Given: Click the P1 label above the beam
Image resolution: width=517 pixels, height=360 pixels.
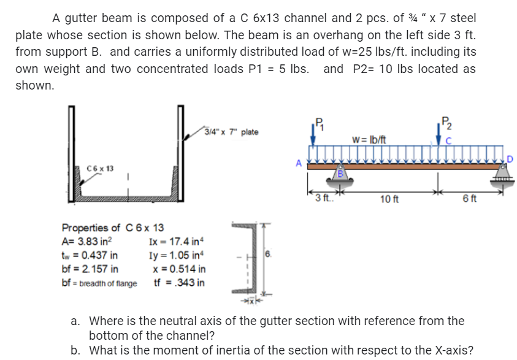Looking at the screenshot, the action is pos(318,121).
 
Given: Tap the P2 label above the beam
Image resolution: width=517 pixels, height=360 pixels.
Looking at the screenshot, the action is pos(446,121).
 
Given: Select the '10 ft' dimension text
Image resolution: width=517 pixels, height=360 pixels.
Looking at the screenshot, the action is pos(390,199).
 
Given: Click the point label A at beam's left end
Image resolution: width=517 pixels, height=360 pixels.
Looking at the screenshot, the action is pos(299,163).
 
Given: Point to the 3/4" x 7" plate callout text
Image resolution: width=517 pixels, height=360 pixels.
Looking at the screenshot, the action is pos(232,132).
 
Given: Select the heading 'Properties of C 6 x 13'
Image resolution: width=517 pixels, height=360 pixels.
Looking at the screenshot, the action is pos(113,228).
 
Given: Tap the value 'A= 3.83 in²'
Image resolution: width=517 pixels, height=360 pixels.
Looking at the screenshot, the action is pos(86,241).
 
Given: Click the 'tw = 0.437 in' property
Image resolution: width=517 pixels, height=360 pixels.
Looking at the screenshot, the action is pos(90,255).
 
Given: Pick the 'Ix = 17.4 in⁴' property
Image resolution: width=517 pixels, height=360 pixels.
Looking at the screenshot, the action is pos(175,242).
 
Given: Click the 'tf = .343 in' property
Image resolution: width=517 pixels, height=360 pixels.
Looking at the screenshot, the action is pos(179,283).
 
